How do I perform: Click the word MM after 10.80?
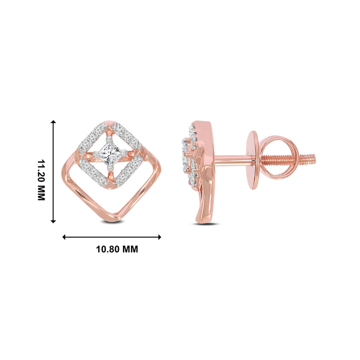pyautogui.click(x=130, y=249)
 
